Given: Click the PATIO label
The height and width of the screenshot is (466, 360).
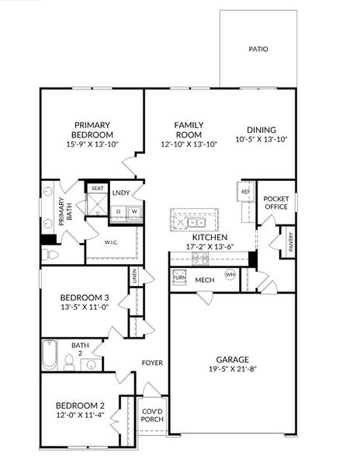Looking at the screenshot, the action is [x=258, y=49].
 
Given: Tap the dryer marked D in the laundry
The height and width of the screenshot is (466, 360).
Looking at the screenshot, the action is [x=119, y=212].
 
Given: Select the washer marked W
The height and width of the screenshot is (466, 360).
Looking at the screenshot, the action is [x=134, y=212].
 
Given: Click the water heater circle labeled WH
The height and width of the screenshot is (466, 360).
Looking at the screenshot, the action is [x=230, y=274].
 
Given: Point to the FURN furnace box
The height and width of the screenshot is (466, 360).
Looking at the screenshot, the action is [x=179, y=277].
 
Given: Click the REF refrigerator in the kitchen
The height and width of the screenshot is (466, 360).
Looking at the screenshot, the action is [x=246, y=192].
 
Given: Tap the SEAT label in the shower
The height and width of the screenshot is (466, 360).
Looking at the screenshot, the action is [x=97, y=188].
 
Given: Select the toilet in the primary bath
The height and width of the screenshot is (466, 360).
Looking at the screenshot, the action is [x=50, y=255].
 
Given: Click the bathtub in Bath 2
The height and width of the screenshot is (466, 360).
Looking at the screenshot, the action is [x=50, y=355].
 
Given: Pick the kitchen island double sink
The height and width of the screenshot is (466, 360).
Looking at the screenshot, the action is [x=196, y=222].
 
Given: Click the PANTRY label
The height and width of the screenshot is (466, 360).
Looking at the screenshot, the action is [x=291, y=242].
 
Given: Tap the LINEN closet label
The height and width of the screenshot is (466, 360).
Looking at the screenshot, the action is [x=135, y=276].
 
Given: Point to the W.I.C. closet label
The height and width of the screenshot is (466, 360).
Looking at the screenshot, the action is [x=111, y=242].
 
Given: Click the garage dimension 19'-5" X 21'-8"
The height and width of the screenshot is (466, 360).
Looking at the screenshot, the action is [x=233, y=369].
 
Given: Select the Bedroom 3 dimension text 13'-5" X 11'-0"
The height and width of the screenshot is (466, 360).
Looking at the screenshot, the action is [x=85, y=307].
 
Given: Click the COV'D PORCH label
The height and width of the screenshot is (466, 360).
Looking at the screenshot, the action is [x=152, y=416].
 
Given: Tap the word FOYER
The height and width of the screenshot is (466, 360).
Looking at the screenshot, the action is [x=152, y=363].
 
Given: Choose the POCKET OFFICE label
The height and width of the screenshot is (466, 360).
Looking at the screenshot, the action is [x=276, y=203].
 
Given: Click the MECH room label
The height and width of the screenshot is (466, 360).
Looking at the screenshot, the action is [x=205, y=280].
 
